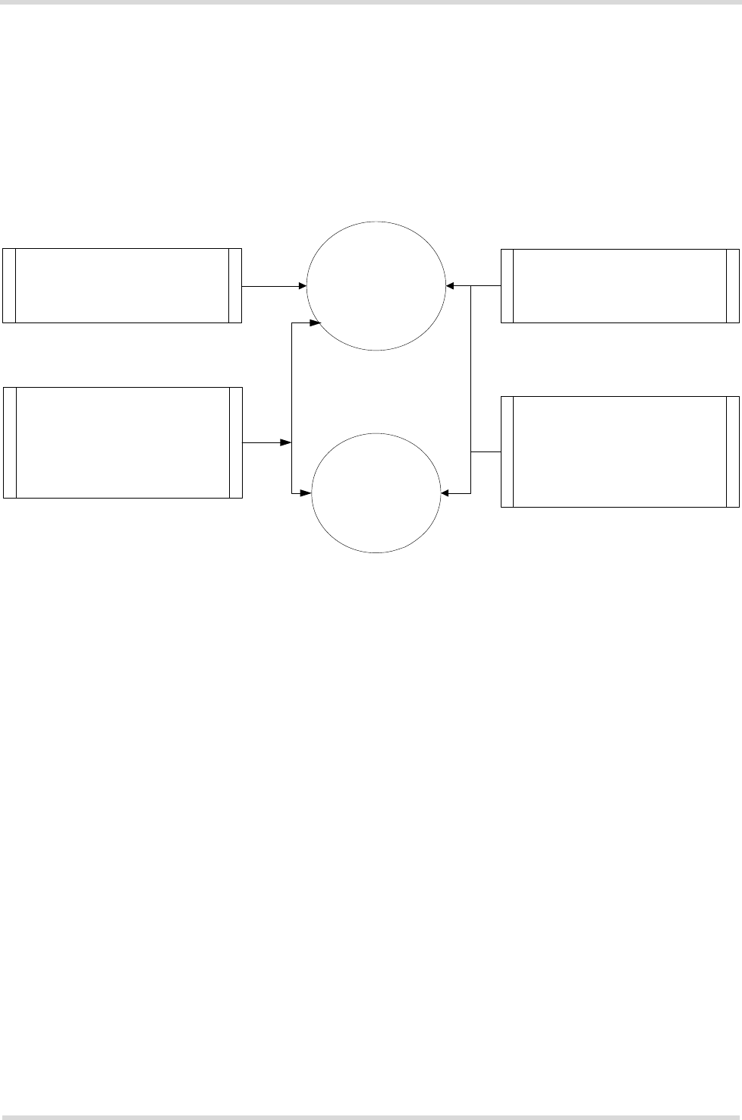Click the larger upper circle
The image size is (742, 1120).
(376, 286)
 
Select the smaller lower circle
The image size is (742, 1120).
(376, 493)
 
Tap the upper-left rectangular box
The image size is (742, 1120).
(121, 285)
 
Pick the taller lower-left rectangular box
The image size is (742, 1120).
(122, 442)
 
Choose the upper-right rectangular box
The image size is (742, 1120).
(620, 285)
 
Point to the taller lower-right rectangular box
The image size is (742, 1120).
(620, 451)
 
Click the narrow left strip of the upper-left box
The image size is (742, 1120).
(8, 285)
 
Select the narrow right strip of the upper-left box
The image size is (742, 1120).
(235, 285)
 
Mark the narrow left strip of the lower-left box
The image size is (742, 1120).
(9, 442)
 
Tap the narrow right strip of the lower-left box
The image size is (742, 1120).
(236, 442)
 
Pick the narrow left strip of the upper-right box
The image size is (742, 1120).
(507, 285)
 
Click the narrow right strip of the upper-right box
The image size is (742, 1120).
(732, 285)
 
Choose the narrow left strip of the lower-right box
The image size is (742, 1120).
(507, 451)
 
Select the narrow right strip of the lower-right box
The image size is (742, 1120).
(732, 451)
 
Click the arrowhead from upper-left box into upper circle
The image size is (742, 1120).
(302, 286)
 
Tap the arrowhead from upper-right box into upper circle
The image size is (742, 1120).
(451, 286)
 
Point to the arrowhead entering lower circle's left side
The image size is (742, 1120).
(307, 494)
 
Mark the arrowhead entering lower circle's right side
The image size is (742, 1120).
(445, 494)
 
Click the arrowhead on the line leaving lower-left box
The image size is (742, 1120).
(288, 442)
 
